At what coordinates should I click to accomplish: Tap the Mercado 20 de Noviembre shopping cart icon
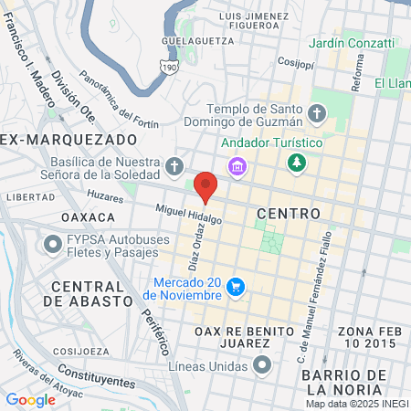click(x=237, y=287)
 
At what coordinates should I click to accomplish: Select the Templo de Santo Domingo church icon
click(x=317, y=114)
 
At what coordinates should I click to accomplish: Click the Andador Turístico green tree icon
click(x=296, y=163)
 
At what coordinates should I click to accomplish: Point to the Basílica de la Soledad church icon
click(x=175, y=167)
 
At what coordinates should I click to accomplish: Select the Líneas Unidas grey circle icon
click(x=263, y=366)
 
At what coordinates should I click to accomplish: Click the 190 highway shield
click(x=169, y=67)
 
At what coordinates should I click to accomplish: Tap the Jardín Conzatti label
click(x=352, y=42)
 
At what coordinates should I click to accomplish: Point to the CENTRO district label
click(x=289, y=213)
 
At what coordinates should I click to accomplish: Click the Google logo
click(x=30, y=399)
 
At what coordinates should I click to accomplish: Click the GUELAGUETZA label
click(x=193, y=41)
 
